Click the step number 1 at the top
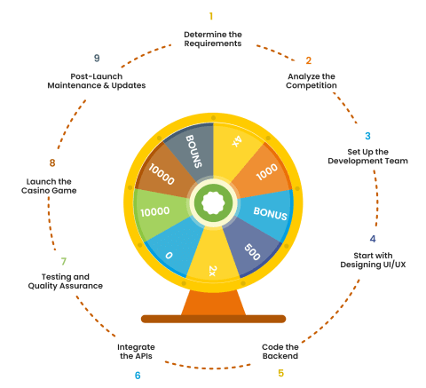(211, 16)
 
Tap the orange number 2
(309, 60)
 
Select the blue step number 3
(367, 136)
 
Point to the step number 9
(97, 58)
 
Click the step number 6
(138, 376)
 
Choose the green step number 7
(64, 261)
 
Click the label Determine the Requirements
(213, 39)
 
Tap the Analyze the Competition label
(312, 81)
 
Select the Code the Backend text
(280, 352)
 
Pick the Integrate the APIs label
(136, 352)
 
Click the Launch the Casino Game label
(49, 186)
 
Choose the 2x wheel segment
(213, 260)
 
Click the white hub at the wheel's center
(213, 202)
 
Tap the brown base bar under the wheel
(213, 319)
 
